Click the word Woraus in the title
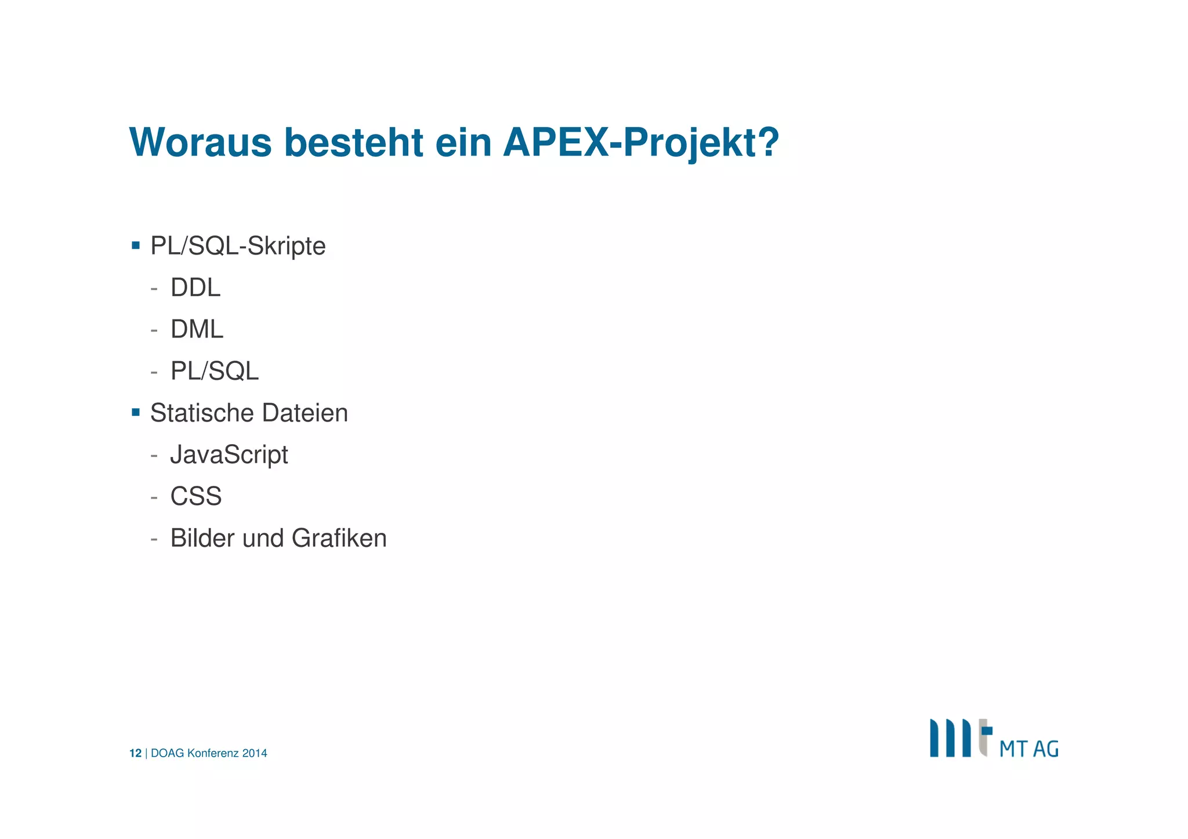pyautogui.click(x=201, y=143)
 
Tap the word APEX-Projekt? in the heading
pyautogui.click(x=641, y=143)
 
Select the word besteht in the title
pyautogui.click(x=353, y=143)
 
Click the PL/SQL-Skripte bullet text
pyautogui.click(x=238, y=246)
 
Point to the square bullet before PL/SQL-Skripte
pyautogui.click(x=136, y=245)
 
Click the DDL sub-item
pyautogui.click(x=195, y=288)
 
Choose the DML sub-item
pyautogui.click(x=197, y=329)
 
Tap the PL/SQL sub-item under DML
pyautogui.click(x=215, y=371)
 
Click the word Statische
pyautogui.click(x=202, y=413)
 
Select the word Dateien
pyautogui.click(x=305, y=413)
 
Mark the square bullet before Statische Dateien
pyautogui.click(x=136, y=412)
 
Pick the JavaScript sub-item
pyautogui.click(x=229, y=455)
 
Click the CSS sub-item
pyautogui.click(x=196, y=496)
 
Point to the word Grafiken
pyautogui.click(x=339, y=538)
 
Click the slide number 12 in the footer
pyautogui.click(x=135, y=753)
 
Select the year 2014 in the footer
pyautogui.click(x=255, y=753)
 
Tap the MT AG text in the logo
pyautogui.click(x=1028, y=749)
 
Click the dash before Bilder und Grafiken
pyautogui.click(x=154, y=539)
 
